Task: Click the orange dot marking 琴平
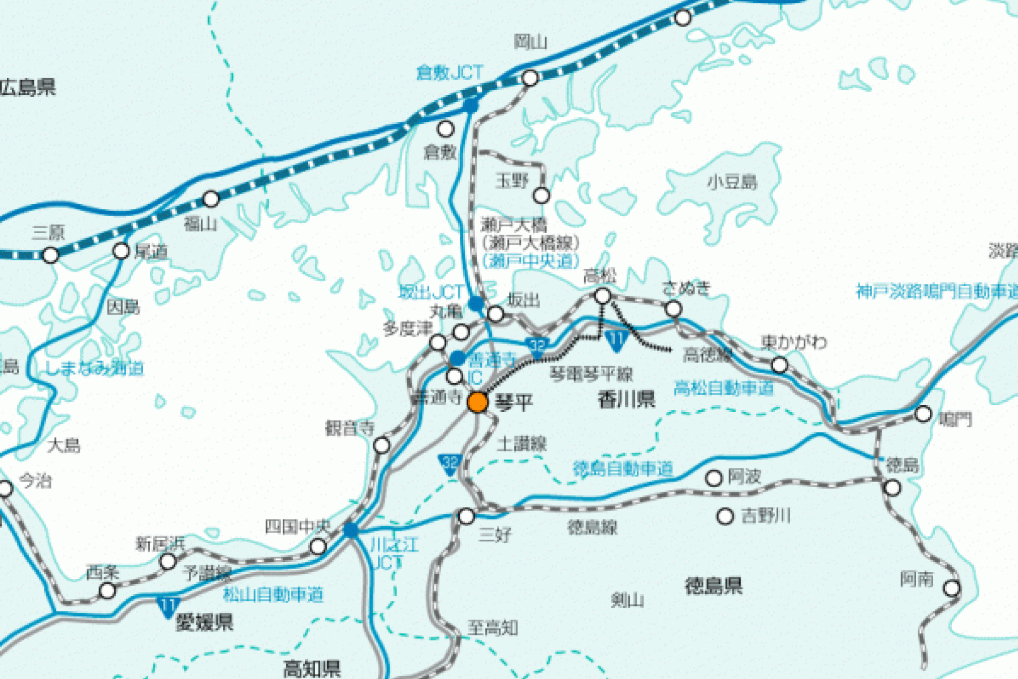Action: click(x=478, y=402)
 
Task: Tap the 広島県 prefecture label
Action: click(x=28, y=87)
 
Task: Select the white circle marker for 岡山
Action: click(x=530, y=78)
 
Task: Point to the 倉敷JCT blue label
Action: click(x=450, y=72)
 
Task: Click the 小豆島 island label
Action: click(x=732, y=182)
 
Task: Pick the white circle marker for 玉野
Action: click(x=541, y=196)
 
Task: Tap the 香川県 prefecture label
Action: click(x=626, y=399)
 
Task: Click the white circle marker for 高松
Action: click(x=603, y=296)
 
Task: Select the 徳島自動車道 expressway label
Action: click(x=623, y=469)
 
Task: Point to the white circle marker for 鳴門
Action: click(x=923, y=414)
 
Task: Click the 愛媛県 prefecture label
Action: click(x=204, y=622)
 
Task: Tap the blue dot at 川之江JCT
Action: click(x=351, y=530)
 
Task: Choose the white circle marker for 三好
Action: click(x=466, y=516)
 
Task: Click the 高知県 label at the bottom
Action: click(x=312, y=669)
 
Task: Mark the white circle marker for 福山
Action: click(x=211, y=199)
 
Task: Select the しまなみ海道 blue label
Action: click(x=94, y=368)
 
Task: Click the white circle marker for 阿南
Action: click(x=952, y=588)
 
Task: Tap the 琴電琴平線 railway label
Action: click(x=591, y=374)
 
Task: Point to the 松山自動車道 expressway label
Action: click(x=273, y=594)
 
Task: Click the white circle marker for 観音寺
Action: click(x=382, y=446)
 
